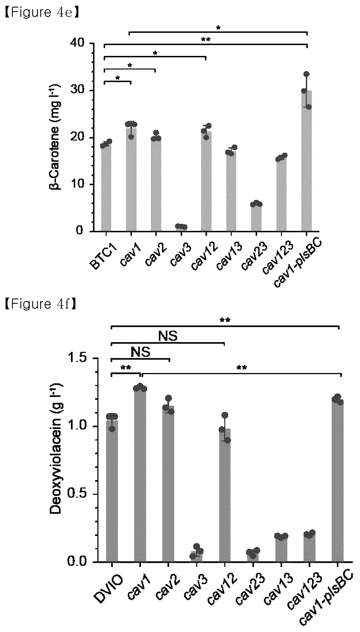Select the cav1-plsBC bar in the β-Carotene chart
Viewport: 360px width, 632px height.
306,161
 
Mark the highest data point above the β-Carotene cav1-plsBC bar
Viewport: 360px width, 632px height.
306,74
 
